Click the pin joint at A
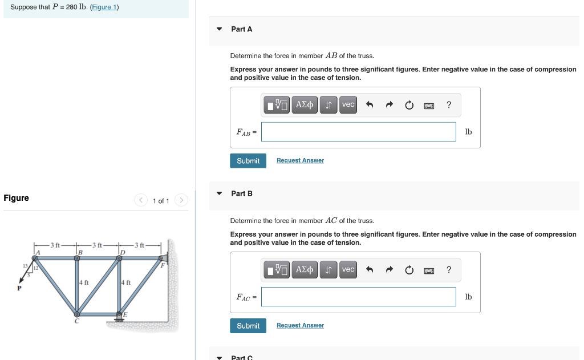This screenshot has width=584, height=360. pos(35,258)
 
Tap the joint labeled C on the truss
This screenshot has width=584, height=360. pos(77,314)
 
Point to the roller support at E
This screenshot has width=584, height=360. pos(119,317)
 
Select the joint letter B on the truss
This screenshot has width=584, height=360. pos(80,252)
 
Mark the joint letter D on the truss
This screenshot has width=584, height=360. pos(123,252)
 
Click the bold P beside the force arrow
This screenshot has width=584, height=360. pos(19,288)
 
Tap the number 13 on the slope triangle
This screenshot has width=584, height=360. pos(25,266)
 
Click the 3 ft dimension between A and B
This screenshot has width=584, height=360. pos(55,245)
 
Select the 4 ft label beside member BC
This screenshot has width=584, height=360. pos(84,282)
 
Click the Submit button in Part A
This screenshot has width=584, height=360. pos(248,161)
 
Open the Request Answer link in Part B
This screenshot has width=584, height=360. pos(300,325)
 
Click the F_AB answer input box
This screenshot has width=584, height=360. pos(359,132)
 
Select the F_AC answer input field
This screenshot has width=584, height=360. pos(359,297)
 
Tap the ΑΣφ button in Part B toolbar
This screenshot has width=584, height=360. pos(305,269)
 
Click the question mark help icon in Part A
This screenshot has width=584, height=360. pos(449,105)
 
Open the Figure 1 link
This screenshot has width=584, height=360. pos(104,7)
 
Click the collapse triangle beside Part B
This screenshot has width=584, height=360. pos(220,193)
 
